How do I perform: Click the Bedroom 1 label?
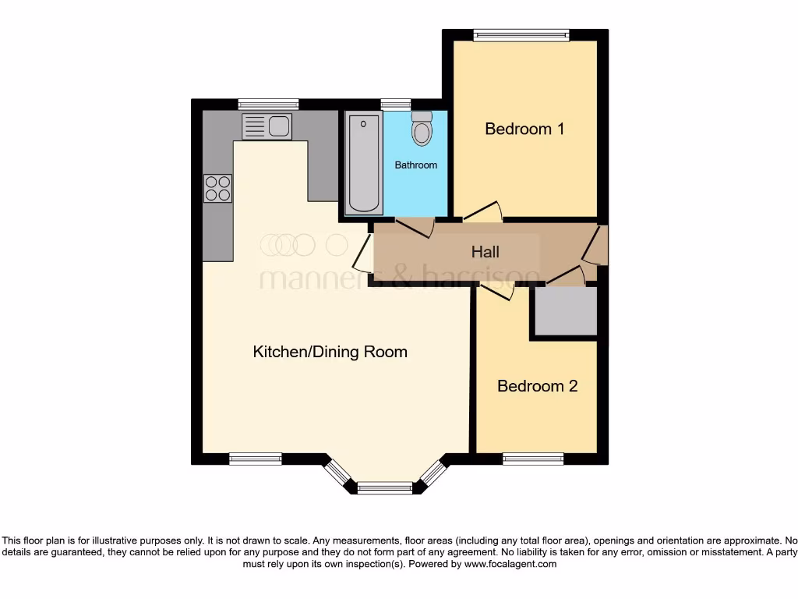tap(524, 129)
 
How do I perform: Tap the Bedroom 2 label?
tap(537, 386)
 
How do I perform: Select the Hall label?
tap(485, 252)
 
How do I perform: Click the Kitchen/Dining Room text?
tap(330, 352)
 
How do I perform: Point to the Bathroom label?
tap(415, 165)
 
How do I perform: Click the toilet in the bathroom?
tap(422, 129)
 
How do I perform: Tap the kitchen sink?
tap(267, 126)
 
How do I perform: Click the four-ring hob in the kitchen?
tap(218, 188)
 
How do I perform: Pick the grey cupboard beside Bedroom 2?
tap(564, 311)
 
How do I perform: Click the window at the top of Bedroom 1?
tap(521, 34)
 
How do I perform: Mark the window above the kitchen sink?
tap(268, 104)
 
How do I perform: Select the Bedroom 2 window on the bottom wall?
tap(533, 459)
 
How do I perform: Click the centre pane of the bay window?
tap(384, 488)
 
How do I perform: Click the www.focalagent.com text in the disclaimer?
tap(511, 564)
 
